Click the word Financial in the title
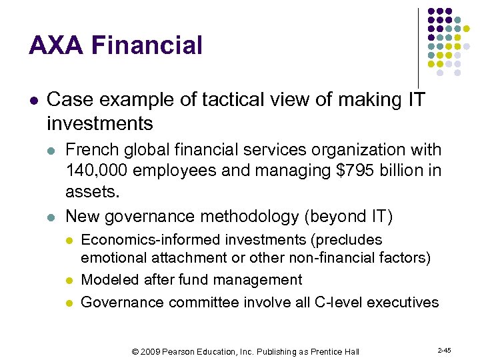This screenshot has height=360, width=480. [x=147, y=46]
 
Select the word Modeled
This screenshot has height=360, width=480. [x=106, y=280]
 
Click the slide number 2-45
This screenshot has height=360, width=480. [x=444, y=350]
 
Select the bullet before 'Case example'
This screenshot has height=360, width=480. [x=33, y=101]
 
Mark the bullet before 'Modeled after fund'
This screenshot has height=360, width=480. [x=70, y=281]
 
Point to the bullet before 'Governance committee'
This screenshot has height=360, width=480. [x=70, y=303]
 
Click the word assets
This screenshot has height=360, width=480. [x=91, y=193]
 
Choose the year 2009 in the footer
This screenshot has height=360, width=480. [x=151, y=351]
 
